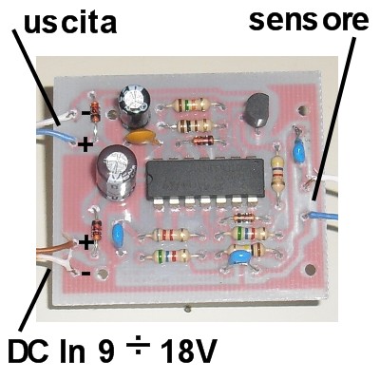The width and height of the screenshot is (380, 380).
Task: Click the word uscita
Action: (x=70, y=22)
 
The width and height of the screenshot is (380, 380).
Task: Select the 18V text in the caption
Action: (x=189, y=351)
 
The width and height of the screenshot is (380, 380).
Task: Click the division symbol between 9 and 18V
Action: (x=138, y=348)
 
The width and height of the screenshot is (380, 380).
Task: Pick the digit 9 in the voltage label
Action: (x=105, y=351)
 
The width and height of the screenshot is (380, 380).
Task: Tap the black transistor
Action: (x=257, y=110)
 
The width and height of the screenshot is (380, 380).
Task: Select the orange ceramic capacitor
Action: (x=142, y=138)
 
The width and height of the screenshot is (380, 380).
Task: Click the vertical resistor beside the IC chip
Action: (x=277, y=175)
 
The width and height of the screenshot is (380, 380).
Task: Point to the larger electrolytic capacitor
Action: (x=117, y=173)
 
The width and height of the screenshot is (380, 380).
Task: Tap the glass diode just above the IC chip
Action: (x=202, y=139)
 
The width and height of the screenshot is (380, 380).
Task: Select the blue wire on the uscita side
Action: (x=56, y=135)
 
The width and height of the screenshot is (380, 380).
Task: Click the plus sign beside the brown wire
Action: (x=85, y=243)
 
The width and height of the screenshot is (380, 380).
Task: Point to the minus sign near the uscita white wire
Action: (x=85, y=112)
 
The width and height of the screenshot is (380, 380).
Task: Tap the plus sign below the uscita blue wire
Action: (x=85, y=145)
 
